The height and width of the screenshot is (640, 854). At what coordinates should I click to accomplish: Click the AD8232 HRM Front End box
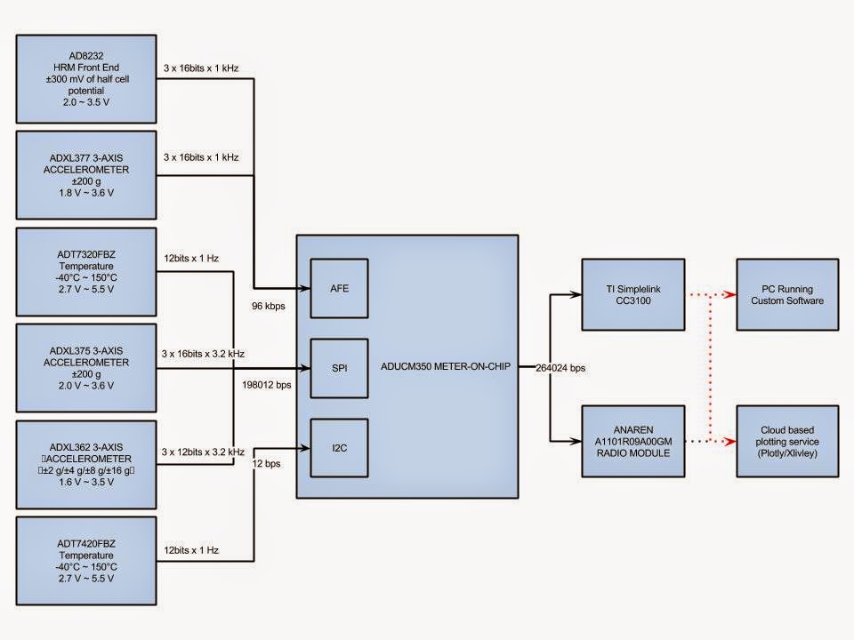(86, 79)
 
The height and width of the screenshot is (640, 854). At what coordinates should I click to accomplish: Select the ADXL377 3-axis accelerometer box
(86, 175)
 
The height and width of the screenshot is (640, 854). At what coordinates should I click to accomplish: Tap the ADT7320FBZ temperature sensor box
(86, 271)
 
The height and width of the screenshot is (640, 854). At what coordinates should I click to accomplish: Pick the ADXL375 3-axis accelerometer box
(86, 367)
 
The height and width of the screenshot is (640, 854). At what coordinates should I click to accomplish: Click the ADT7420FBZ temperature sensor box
(86, 559)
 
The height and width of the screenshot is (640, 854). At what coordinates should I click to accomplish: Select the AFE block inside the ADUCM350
(339, 289)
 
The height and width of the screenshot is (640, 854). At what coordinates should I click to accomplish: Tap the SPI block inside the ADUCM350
(339, 367)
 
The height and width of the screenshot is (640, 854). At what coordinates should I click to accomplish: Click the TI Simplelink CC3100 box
(633, 294)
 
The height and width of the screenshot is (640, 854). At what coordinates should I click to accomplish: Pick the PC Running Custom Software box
(787, 294)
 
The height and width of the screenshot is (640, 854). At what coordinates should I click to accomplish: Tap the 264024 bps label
(561, 368)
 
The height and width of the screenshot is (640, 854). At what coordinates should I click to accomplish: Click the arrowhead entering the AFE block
(302, 289)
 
